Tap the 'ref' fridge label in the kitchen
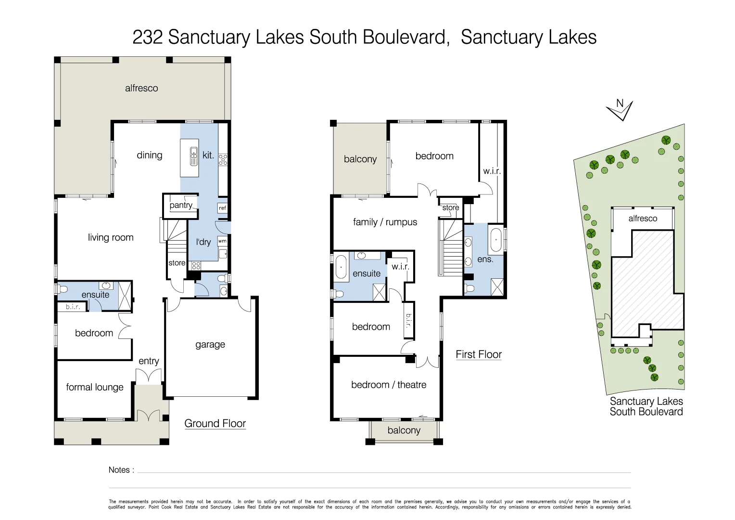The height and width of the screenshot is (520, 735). pyautogui.click(x=222, y=208)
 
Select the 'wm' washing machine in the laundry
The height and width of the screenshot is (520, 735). pyautogui.click(x=222, y=241)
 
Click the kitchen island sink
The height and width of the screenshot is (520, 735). pyautogui.click(x=194, y=156)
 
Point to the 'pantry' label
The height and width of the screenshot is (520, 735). pyautogui.click(x=181, y=205)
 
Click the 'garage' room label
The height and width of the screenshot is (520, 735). pyautogui.click(x=210, y=344)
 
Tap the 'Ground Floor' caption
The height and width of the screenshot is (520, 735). pyautogui.click(x=215, y=423)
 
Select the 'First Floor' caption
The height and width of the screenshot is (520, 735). pyautogui.click(x=479, y=354)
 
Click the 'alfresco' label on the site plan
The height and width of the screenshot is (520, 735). pyautogui.click(x=643, y=219)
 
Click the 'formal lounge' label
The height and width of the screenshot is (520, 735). pyautogui.click(x=95, y=387)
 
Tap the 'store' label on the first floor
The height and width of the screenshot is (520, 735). pyautogui.click(x=451, y=208)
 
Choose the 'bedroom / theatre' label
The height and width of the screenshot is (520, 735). pyautogui.click(x=389, y=385)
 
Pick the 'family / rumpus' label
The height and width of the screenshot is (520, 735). pyautogui.click(x=385, y=222)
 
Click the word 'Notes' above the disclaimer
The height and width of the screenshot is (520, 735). pyautogui.click(x=119, y=470)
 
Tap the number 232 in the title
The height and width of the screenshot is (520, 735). pyautogui.click(x=148, y=37)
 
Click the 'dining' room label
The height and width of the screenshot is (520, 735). pyautogui.click(x=150, y=155)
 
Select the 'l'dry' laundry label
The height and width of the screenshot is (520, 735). pyautogui.click(x=203, y=242)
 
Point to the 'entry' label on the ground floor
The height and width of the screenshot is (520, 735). pyautogui.click(x=149, y=361)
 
